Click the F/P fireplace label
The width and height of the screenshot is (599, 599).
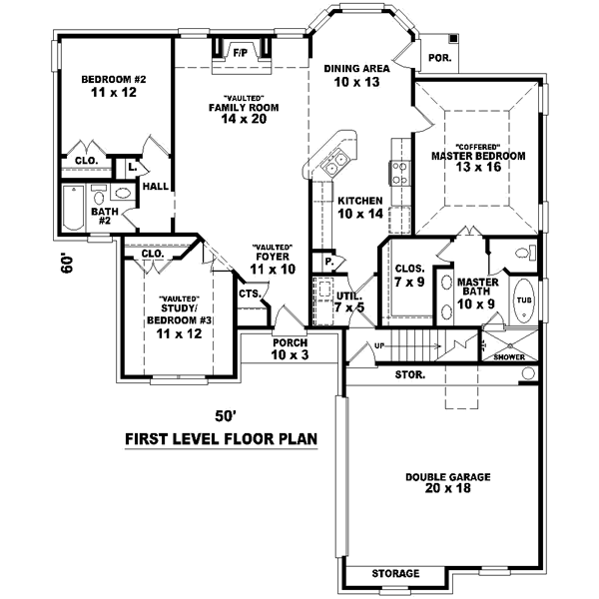click(240, 51)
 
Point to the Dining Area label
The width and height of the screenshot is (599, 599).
click(356, 69)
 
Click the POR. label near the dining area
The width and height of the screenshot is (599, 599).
click(440, 58)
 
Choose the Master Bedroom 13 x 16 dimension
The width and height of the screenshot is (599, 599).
click(477, 167)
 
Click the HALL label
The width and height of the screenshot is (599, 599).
click(155, 186)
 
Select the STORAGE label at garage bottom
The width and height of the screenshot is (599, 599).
click(395, 574)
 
